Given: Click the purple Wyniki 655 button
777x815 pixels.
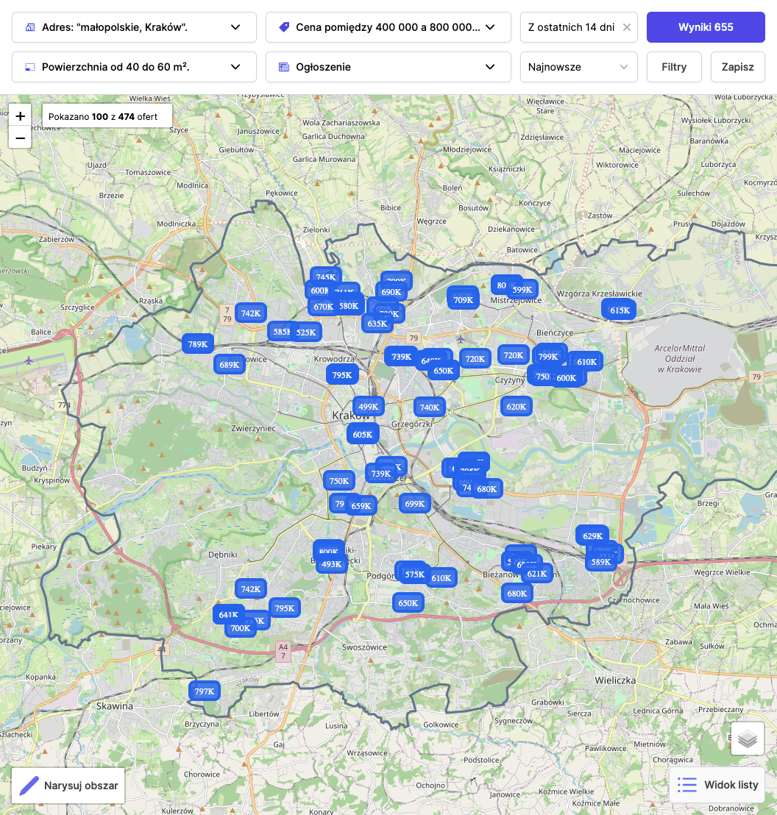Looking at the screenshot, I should [706, 27].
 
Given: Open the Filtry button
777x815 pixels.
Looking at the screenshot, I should [674, 67].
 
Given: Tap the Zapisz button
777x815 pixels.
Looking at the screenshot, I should [737, 67].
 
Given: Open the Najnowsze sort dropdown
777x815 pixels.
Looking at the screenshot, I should [578, 67].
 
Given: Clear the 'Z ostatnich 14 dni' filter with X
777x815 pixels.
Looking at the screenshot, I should [627, 27].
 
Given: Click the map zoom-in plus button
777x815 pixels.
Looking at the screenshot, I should [20, 116].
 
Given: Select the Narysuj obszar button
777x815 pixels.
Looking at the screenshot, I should [68, 786].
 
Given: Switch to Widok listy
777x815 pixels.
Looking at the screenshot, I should [717, 785].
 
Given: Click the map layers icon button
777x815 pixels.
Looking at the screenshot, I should [748, 739].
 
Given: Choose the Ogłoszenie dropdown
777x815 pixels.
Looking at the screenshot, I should [388, 67].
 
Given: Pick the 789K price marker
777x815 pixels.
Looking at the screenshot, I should [197, 344].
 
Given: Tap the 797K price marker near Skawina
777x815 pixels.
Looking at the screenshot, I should [204, 691].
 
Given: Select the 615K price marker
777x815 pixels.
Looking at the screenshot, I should [620, 310].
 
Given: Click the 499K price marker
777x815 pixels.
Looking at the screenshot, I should [367, 407].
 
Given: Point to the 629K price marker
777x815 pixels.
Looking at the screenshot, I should [592, 536].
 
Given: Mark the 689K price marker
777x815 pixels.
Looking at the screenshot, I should [230, 364].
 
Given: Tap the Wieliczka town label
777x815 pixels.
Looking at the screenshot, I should [615, 680].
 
